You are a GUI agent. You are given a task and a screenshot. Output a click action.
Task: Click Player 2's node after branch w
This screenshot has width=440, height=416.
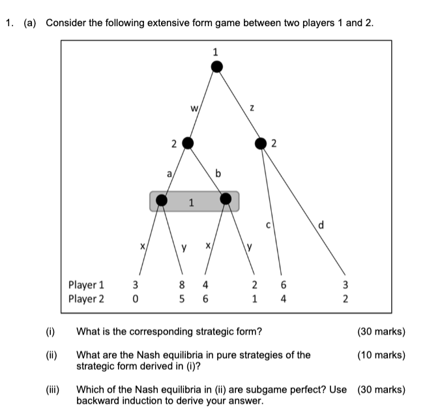[188, 143]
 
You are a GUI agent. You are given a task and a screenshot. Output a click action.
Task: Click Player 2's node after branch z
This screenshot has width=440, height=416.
[261, 143]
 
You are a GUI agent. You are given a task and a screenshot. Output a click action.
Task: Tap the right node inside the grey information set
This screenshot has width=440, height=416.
[226, 199]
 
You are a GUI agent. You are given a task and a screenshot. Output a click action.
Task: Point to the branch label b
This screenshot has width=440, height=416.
[218, 173]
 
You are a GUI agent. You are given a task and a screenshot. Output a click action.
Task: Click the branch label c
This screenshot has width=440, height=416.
[268, 226]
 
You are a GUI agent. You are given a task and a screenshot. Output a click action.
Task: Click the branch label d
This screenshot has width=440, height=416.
[321, 226]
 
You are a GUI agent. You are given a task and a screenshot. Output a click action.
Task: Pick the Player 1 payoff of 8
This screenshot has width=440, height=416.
[182, 285]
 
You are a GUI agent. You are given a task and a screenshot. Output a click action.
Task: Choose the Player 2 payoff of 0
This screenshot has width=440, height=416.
[135, 299]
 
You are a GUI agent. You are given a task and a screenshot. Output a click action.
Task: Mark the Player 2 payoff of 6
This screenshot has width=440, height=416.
[205, 299]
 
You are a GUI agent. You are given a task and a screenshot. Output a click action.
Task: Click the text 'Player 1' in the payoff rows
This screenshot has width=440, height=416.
[86, 285]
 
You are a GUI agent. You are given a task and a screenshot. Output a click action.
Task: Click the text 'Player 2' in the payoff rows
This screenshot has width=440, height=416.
[86, 299]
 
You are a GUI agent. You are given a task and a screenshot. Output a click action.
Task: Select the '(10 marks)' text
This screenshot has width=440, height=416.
[381, 355]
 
